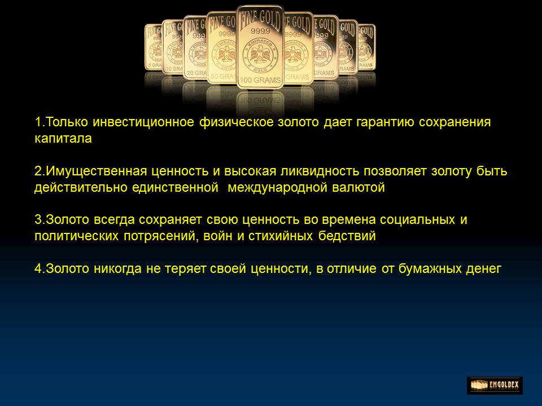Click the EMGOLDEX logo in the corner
495,385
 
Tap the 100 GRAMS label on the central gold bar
260,80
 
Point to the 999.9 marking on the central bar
260,32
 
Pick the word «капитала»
63,139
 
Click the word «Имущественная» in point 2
96,171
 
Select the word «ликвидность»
319,171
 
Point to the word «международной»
278,187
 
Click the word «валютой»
359,187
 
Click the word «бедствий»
347,236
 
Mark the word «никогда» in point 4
117,268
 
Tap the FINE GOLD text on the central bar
260,19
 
